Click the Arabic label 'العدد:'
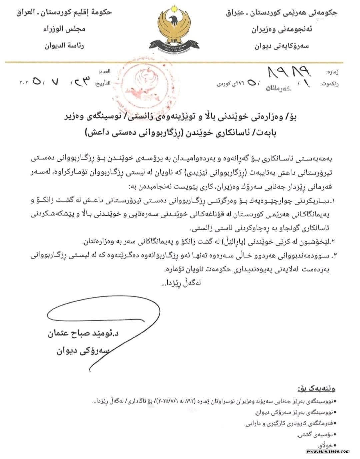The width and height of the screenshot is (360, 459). point(104,72)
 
